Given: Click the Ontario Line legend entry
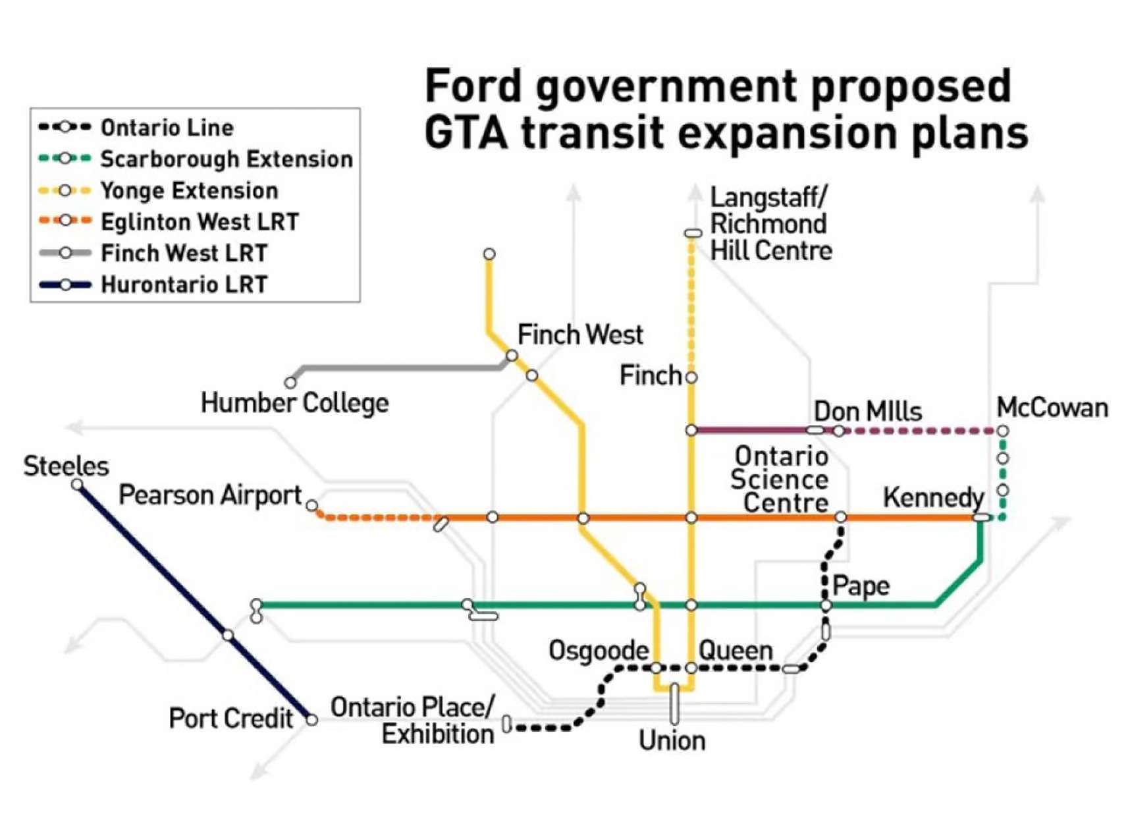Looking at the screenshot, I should (167, 128).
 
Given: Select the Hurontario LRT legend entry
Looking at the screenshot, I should (184, 285).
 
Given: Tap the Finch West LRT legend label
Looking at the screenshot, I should (184, 254).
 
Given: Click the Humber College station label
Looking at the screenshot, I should (294, 402).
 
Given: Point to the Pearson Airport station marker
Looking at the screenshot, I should (312, 506).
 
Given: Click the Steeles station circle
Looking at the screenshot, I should (78, 485).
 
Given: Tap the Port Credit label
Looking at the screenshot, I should (230, 718).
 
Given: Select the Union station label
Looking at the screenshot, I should (672, 741).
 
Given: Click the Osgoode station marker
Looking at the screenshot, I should (657, 668).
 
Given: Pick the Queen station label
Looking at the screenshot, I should (735, 651).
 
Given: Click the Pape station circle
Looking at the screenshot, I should (826, 605).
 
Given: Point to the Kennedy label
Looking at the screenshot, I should (933, 497).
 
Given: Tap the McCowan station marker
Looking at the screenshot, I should (1002, 431).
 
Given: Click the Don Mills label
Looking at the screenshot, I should (867, 412).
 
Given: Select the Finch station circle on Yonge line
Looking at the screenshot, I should (691, 377).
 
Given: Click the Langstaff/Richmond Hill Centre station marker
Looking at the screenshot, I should (693, 233).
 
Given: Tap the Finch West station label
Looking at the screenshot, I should (579, 335).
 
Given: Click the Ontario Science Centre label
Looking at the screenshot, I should (780, 479).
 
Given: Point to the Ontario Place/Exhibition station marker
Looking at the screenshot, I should (506, 724).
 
